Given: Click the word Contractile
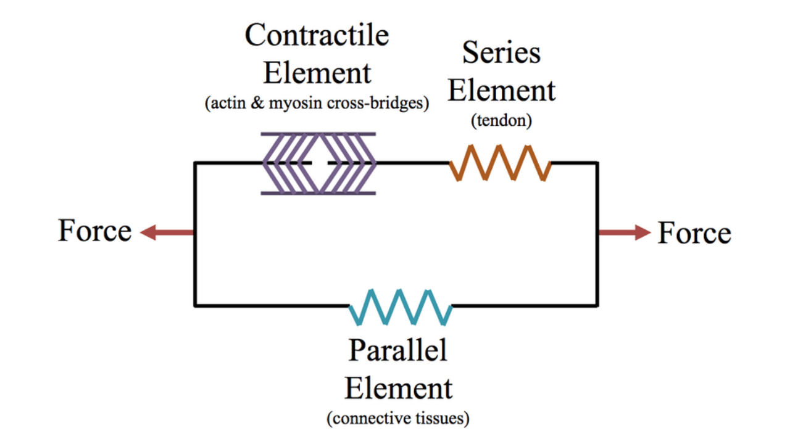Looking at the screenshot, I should coord(317,35).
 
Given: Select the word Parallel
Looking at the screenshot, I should coord(397,351).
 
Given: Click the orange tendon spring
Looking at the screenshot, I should coord(500,163).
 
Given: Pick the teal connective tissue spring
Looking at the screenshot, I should coord(401,306).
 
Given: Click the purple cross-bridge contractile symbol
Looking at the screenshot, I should coord(318,163).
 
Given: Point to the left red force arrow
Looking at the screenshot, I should coord(167,232).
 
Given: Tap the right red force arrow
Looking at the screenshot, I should coord(624,232).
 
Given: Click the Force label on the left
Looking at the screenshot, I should coord(95,231).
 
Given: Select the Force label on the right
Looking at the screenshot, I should coord(694,233).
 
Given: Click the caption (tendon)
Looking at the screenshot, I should coord(501,121).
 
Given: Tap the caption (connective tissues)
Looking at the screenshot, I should coord(398,419).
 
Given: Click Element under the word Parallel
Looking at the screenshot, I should coord(398,388).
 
